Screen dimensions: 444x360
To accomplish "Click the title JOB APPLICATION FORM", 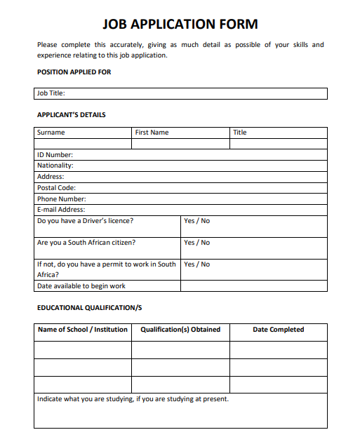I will pyautogui.click(x=180, y=25).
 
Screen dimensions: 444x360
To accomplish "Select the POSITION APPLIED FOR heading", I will pyautogui.click(x=74, y=72).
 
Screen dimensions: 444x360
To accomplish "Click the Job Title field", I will pyautogui.click(x=180, y=93).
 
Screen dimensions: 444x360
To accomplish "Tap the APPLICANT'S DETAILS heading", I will pyautogui.click(x=71, y=114).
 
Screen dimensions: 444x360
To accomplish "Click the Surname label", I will pyautogui.click(x=51, y=133).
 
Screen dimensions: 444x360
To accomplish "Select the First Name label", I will pyautogui.click(x=152, y=133).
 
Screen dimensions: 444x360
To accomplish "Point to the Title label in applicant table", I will pyautogui.click(x=240, y=133).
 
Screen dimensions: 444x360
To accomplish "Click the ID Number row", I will pyautogui.click(x=180, y=155).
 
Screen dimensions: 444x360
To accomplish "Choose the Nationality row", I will pyautogui.click(x=180, y=166).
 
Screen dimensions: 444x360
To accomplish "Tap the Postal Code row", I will pyautogui.click(x=180, y=188).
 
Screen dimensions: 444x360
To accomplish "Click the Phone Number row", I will pyautogui.click(x=180, y=199).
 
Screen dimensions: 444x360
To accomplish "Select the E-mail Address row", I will pyautogui.click(x=180, y=210).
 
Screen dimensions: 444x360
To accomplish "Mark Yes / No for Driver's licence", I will pyautogui.click(x=196, y=221).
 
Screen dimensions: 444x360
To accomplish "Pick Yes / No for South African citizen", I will pyautogui.click(x=196, y=243).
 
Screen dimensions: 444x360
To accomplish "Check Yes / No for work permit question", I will pyautogui.click(x=196, y=264).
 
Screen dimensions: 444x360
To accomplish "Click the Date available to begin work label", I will pyautogui.click(x=81, y=286).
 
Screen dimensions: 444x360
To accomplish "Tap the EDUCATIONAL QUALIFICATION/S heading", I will pyautogui.click(x=89, y=308).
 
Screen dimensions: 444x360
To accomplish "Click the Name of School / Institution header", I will pyautogui.click(x=83, y=330).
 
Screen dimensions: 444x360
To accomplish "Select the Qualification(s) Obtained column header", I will pyautogui.click(x=180, y=330).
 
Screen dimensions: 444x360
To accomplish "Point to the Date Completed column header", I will pyautogui.click(x=278, y=330).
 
